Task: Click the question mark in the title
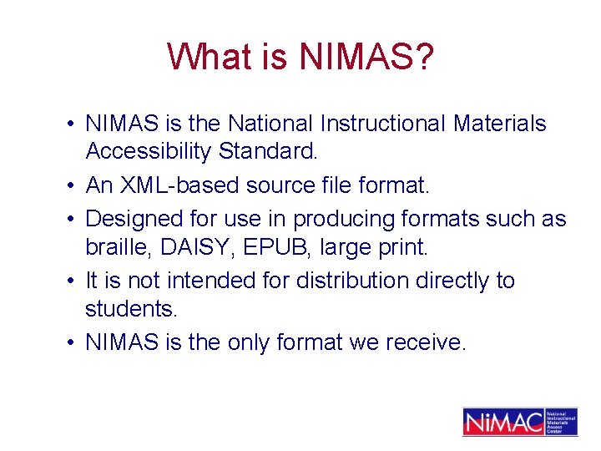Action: [x=423, y=57]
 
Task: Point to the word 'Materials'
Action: [x=500, y=124]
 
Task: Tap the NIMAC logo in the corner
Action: [x=519, y=421]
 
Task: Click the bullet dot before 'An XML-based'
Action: [x=73, y=185]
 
